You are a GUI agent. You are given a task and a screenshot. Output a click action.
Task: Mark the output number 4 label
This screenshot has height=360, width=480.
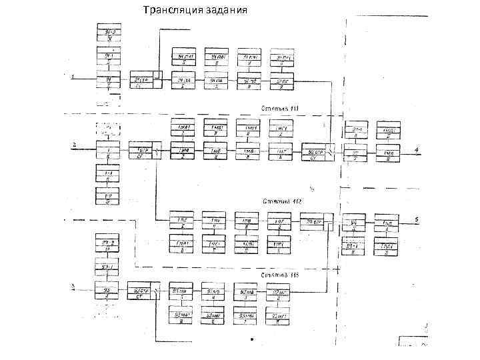(x=417, y=150)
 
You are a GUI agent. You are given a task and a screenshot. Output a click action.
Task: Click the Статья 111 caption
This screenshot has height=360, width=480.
(x=281, y=107)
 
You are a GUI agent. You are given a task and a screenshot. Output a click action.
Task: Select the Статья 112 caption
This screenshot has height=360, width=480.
(x=281, y=201)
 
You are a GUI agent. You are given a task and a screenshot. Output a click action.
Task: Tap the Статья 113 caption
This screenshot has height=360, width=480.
(x=280, y=274)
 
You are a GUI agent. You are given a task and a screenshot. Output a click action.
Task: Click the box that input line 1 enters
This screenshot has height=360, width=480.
(x=107, y=81)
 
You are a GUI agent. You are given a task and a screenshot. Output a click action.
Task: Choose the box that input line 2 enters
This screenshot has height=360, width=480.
(x=107, y=151)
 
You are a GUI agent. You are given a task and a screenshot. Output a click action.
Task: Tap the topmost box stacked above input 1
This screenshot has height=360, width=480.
(x=107, y=33)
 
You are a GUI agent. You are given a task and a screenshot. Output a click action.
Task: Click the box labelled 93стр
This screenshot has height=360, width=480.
(x=139, y=293)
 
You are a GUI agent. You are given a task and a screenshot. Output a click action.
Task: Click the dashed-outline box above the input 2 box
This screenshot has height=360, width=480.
(x=107, y=127)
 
